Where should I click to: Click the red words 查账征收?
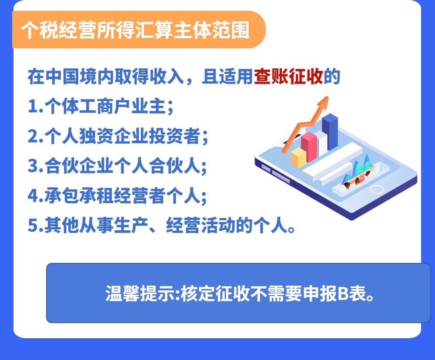[x=288, y=76]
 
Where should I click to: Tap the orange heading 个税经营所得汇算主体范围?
[x=135, y=30]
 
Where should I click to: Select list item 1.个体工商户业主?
[x=101, y=106]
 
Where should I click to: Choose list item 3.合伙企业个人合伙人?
[x=117, y=166]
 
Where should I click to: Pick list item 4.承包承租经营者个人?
[x=117, y=195]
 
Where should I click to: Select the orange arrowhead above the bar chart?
[x=324, y=102]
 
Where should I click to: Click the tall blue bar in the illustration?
[x=330, y=131]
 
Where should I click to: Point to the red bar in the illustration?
[x=309, y=147]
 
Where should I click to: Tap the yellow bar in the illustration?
[x=298, y=158]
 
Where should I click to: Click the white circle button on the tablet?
[x=377, y=189]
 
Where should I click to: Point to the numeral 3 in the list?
[x=32, y=166]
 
